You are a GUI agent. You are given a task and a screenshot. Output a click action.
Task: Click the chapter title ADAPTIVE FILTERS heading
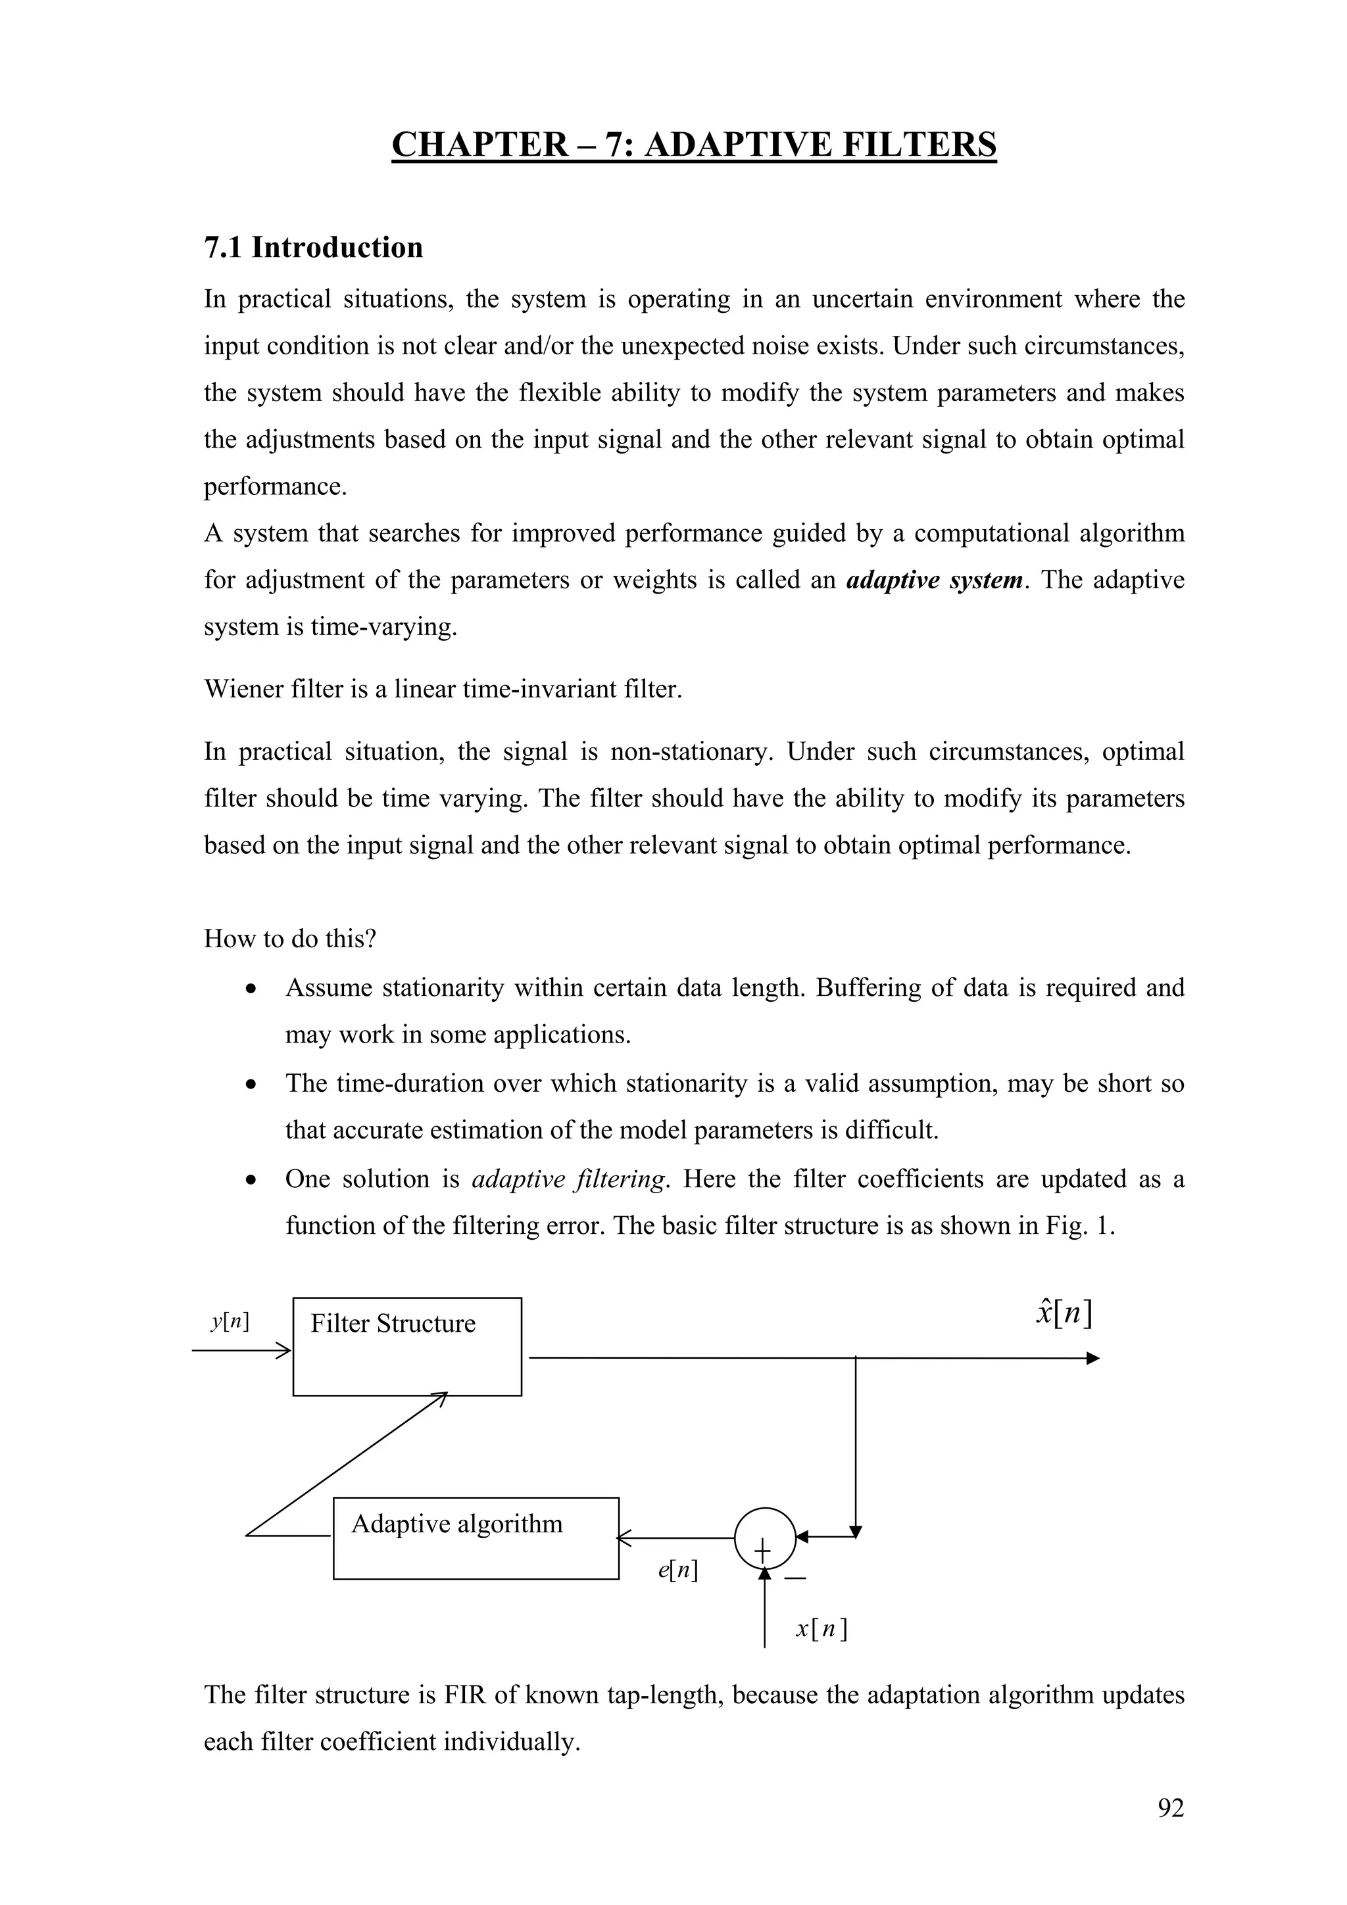point(694,145)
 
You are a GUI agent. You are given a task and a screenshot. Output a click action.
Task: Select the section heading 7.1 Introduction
point(313,247)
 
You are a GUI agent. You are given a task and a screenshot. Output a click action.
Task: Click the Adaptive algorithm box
point(476,1538)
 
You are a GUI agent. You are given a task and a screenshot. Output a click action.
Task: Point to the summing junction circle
point(764,1538)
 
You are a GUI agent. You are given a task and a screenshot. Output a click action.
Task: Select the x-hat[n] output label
point(1064,1313)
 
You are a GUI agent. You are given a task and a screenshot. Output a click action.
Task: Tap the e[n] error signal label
point(677,1569)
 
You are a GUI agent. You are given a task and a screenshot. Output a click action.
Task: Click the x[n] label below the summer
point(821,1629)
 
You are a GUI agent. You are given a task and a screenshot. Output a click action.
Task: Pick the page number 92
point(1170,1808)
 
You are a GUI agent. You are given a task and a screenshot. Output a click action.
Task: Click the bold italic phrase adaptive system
point(934,579)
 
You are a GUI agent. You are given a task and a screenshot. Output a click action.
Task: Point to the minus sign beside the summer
point(795,1577)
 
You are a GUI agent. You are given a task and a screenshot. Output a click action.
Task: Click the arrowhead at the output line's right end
point(1092,1358)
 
